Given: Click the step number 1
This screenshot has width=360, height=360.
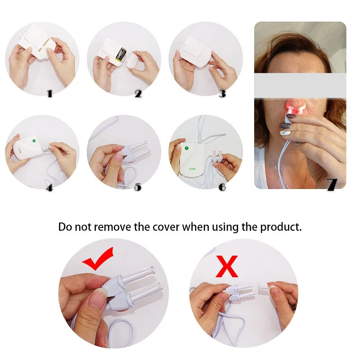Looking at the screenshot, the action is pyautogui.click(x=50, y=94).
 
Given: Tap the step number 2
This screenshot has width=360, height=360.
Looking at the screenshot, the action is pyautogui.click(x=138, y=94).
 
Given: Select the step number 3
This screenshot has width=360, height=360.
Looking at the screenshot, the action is pyautogui.click(x=222, y=94).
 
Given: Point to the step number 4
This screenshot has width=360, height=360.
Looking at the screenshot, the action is pyautogui.click(x=49, y=188).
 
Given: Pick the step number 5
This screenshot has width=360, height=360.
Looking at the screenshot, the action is pyautogui.click(x=138, y=187).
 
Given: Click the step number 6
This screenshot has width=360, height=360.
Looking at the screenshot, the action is pyautogui.click(x=222, y=187).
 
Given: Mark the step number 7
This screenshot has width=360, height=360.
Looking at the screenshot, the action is pyautogui.click(x=332, y=184).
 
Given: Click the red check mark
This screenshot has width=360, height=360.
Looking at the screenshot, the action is pyautogui.click(x=98, y=259).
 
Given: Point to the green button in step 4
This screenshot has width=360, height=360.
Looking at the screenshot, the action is pyautogui.click(x=34, y=141).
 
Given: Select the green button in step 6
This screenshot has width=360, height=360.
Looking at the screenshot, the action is pyautogui.click(x=186, y=148).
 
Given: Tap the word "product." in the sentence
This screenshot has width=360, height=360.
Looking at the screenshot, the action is pyautogui.click(x=281, y=227).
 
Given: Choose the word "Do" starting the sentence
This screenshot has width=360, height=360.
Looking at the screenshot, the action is pyautogui.click(x=65, y=227).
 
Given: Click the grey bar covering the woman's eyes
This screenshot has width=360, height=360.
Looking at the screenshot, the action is pyautogui.click(x=300, y=85).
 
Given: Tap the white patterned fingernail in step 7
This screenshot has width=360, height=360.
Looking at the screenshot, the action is pyautogui.click(x=285, y=133).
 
